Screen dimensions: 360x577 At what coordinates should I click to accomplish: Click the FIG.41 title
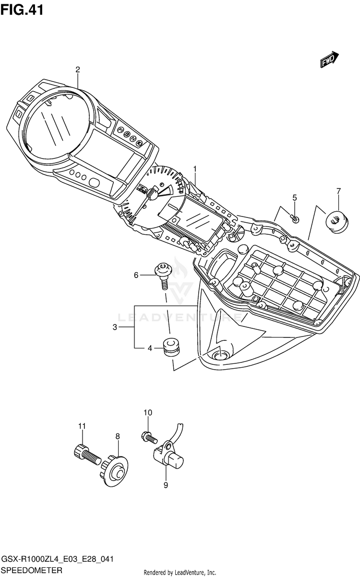coord(22,10)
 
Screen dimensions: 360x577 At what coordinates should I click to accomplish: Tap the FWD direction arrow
coord(329,59)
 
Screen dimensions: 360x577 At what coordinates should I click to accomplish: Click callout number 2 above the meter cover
coord(77,70)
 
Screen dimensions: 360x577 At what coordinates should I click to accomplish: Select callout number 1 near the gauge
coord(195,169)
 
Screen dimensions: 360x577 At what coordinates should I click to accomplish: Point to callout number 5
coord(295,198)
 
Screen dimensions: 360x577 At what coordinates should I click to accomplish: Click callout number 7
coord(338,191)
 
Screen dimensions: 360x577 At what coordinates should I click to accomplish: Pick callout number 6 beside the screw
coord(136,275)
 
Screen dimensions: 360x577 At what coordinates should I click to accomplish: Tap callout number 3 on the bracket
coord(115,327)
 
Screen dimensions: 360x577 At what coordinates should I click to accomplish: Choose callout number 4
coord(150,349)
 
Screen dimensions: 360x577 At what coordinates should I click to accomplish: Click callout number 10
coord(148,413)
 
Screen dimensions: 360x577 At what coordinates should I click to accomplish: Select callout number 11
coord(82,426)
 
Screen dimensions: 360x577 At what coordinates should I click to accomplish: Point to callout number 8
coord(118,436)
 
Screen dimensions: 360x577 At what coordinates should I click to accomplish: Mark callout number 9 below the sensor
coord(166,485)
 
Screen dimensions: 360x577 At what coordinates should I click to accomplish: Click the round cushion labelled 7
coord(336,222)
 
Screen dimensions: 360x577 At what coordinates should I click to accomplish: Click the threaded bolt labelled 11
coord(86,456)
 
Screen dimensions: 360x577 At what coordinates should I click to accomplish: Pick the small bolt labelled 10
coord(149,437)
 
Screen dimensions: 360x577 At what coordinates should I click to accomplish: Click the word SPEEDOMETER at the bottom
coord(32,570)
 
